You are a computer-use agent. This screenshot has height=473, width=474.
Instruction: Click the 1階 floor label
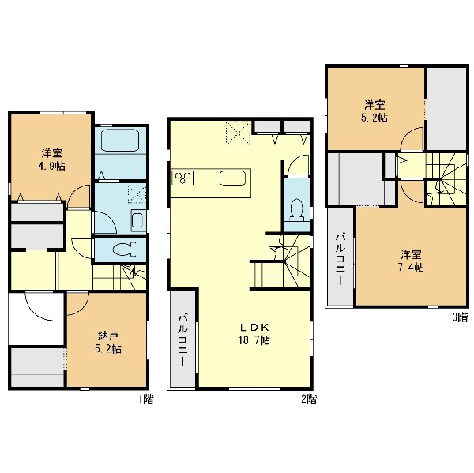pyautogui.click(x=146, y=399)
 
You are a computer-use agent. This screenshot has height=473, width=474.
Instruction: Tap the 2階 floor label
pyautogui.click(x=309, y=399)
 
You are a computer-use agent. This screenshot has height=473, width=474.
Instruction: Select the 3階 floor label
pyautogui.click(x=460, y=317)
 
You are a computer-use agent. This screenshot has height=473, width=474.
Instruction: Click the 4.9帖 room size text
pyautogui.click(x=52, y=167)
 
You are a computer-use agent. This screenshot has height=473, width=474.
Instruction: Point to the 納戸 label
pyautogui.click(x=108, y=336)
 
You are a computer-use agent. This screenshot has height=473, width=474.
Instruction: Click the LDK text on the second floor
pyautogui.click(x=254, y=327)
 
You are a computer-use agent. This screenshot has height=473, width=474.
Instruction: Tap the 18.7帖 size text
pyautogui.click(x=254, y=340)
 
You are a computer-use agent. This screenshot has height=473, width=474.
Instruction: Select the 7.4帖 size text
pyautogui.click(x=411, y=268)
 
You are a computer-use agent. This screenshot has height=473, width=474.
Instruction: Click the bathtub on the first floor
pyautogui.click(x=120, y=141)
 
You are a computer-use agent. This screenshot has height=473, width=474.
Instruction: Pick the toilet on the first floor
pyautogui.click(x=125, y=250)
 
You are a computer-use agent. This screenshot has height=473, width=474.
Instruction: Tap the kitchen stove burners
pyautogui.click(x=182, y=177)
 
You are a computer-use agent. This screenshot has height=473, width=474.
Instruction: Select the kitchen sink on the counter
pyautogui.click(x=232, y=178)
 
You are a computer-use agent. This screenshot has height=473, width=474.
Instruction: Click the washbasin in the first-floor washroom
pyautogui.click(x=138, y=220)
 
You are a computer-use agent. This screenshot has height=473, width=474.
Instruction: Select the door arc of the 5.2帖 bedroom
pyautogui.click(x=412, y=138)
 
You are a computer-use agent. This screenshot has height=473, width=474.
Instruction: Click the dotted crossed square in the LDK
pyautogui.click(x=239, y=133)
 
